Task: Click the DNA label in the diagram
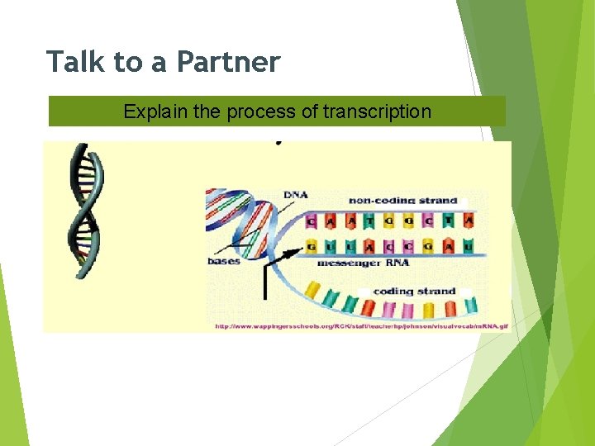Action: click(x=294, y=195)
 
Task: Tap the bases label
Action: click(x=224, y=260)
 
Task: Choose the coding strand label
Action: click(x=415, y=291)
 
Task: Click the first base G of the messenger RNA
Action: click(x=311, y=246)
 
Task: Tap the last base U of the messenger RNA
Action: click(x=468, y=246)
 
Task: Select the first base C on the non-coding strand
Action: click(x=311, y=221)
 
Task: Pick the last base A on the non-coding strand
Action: click(x=468, y=221)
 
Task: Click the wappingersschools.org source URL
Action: click(x=362, y=326)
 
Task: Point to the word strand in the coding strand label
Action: click(x=437, y=291)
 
